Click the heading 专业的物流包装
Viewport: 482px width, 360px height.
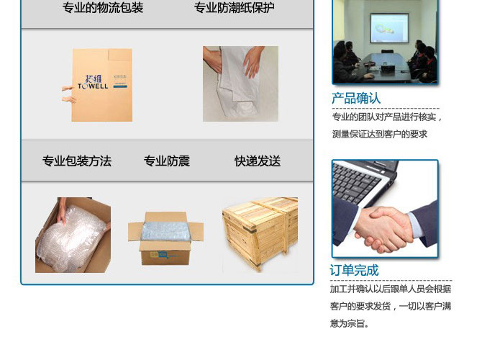click(103, 9)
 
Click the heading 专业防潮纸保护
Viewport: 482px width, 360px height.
click(234, 9)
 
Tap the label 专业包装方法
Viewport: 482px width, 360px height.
click(77, 161)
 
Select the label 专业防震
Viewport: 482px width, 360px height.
click(167, 161)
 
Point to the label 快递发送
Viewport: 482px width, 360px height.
click(258, 161)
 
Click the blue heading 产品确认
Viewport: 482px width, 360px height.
click(356, 99)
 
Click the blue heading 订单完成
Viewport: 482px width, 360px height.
click(354, 271)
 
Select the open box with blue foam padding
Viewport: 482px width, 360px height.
click(166, 238)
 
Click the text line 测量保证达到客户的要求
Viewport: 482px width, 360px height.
click(380, 134)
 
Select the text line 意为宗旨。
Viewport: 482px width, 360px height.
click(350, 323)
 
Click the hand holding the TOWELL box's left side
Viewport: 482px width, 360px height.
click(68, 88)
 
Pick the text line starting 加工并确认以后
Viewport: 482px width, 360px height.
click(391, 289)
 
